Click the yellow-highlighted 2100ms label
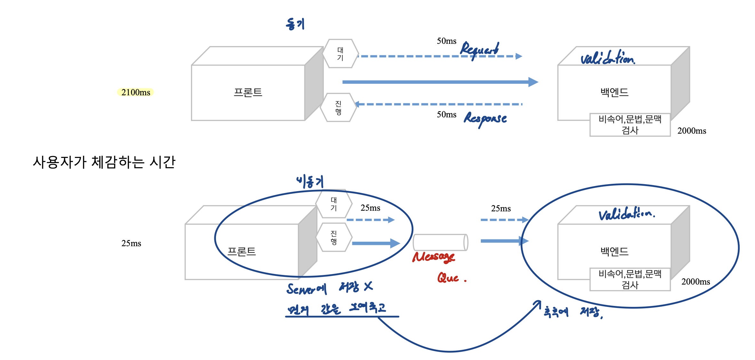[136, 92]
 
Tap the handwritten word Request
[479, 50]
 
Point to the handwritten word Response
[485, 119]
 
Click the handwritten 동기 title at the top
[295, 24]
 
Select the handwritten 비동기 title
[310, 182]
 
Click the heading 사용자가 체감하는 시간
[104, 162]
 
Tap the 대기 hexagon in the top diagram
[340, 54]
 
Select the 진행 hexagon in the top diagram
[338, 107]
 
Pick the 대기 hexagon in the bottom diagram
[334, 204]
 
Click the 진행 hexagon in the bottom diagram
[334, 237]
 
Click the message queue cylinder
[440, 242]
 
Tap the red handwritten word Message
[433, 257]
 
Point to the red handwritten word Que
[449, 278]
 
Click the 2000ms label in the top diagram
[692, 131]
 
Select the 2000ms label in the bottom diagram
[695, 282]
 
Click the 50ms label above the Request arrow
[447, 41]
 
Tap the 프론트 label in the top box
[248, 92]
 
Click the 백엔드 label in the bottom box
[614, 251]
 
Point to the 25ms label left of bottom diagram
[131, 243]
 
